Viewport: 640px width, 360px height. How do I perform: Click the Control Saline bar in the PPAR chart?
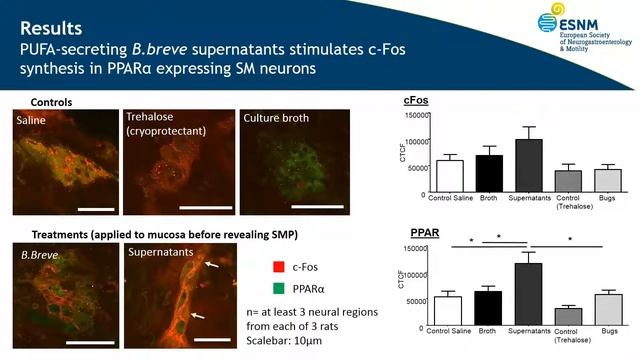pyautogui.click(x=449, y=310)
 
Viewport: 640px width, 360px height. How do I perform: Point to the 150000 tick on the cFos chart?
pyautogui.click(x=414, y=116)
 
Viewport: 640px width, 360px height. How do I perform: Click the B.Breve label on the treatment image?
pyautogui.click(x=41, y=254)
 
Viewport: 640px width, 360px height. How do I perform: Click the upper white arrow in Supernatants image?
pyautogui.click(x=209, y=267)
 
